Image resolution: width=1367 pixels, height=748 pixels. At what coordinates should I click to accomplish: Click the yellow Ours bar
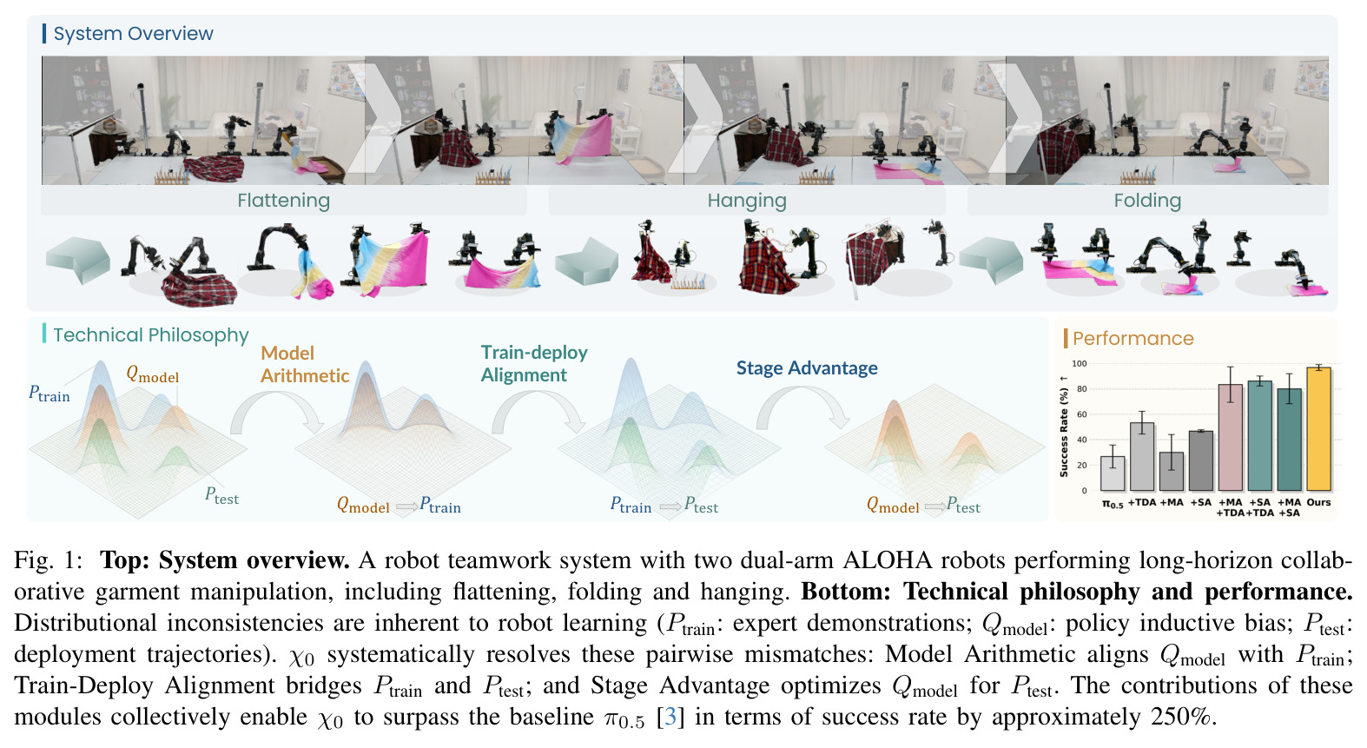(x=1318, y=429)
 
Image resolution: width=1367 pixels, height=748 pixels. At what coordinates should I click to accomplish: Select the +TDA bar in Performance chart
(x=1142, y=457)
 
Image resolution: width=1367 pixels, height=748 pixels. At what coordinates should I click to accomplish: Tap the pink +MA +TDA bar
(x=1231, y=437)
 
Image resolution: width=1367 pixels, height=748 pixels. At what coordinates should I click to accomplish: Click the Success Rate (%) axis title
(x=1064, y=427)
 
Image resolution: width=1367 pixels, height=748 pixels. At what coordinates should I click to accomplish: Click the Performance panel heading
(x=1133, y=338)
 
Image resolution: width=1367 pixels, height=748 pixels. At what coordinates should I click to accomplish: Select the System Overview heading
(x=133, y=34)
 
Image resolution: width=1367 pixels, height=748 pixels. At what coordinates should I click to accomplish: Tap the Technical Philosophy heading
(x=151, y=335)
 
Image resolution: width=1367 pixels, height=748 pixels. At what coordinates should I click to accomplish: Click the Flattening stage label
(x=284, y=201)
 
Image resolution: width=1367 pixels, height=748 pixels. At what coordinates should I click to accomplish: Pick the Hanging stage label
(x=747, y=201)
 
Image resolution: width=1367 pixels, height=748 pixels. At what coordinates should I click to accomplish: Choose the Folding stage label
(x=1147, y=201)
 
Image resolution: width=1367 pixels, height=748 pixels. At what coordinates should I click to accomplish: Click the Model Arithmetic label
(x=305, y=365)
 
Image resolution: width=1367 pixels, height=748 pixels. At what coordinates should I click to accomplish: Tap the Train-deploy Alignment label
(x=534, y=363)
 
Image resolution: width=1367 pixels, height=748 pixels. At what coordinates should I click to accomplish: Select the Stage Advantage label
(x=807, y=367)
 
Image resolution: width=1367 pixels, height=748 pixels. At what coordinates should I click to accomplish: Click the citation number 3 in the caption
(x=670, y=717)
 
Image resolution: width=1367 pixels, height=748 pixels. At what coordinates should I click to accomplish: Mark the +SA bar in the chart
(x=1200, y=461)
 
